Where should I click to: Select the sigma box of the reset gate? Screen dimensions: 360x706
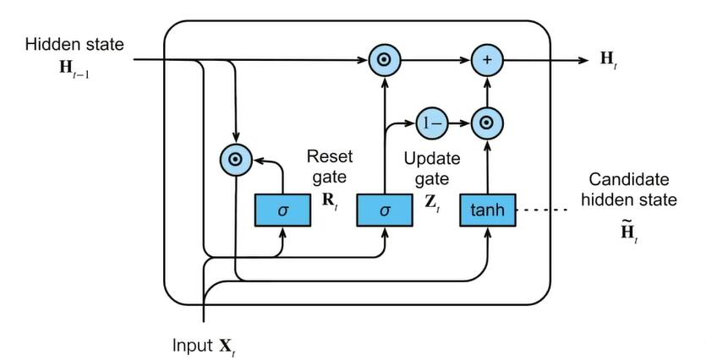pyautogui.click(x=283, y=209)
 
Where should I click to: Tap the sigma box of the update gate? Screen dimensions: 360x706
pyautogui.click(x=385, y=209)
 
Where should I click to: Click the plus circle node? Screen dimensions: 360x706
pyautogui.click(x=486, y=61)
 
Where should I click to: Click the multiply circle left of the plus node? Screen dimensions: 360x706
pyautogui.click(x=385, y=61)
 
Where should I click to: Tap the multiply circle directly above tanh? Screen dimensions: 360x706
pyautogui.click(x=486, y=123)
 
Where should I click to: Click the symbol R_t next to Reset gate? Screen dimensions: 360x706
pyautogui.click(x=330, y=201)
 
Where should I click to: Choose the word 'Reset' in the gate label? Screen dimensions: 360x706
pyautogui.click(x=323, y=156)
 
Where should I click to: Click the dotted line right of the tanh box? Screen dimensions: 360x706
pyautogui.click(x=541, y=210)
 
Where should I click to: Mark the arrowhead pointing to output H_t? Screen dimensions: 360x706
pyautogui.click(x=584, y=61)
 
